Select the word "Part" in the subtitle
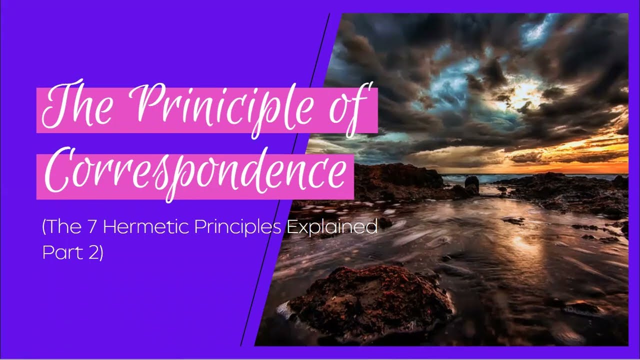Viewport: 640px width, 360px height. pos(60,252)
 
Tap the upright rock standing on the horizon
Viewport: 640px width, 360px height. pos(471,183)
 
